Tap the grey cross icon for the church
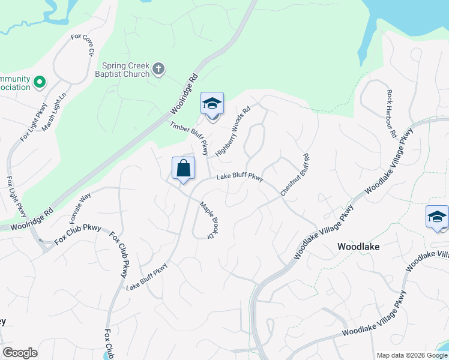coord(159,69)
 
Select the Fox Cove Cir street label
coord(83,45)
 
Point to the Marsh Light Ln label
coord(57,101)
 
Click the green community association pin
coord(40,82)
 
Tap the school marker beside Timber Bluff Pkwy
coord(212,104)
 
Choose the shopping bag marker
coord(183,169)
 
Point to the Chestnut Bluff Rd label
coord(295,173)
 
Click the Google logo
coord(20,353)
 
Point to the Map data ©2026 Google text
coord(411,355)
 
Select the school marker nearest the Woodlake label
coord(437,217)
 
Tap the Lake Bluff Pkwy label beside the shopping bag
coord(240,177)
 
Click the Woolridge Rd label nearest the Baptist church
coord(184,95)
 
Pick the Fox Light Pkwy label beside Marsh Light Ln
coord(33,123)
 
